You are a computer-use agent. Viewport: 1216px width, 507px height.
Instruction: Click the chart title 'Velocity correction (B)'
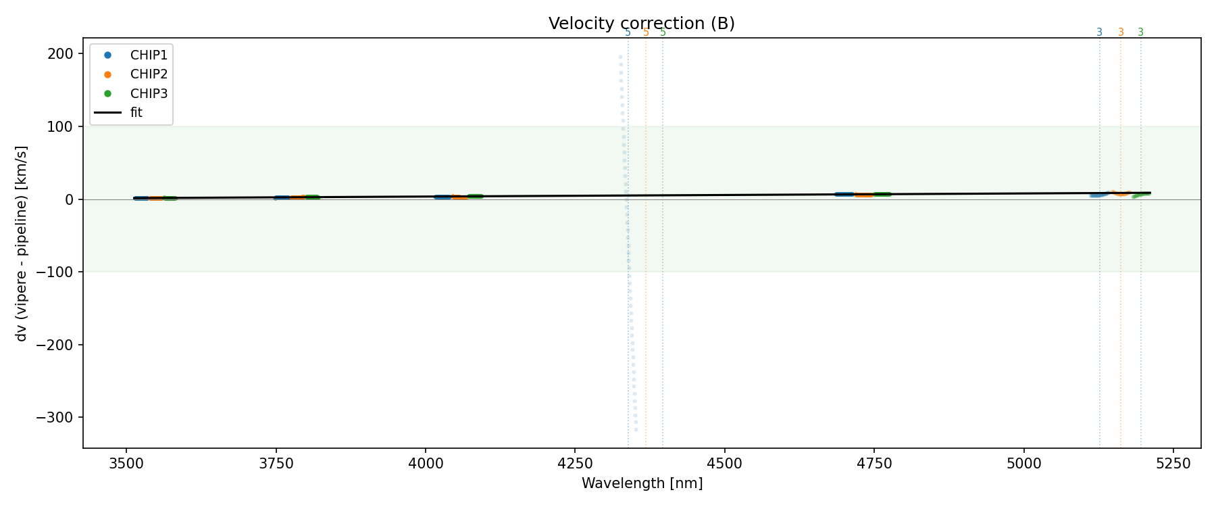[641, 24]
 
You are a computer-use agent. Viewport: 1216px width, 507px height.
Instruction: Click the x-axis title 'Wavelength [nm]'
[642, 483]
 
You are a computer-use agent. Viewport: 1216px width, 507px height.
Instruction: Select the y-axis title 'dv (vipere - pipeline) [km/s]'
[22, 243]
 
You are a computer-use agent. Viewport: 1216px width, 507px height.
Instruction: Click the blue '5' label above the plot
[628, 32]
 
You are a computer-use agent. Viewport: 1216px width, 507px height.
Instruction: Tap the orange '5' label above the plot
[646, 32]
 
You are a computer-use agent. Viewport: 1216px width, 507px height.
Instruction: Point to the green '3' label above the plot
[1141, 32]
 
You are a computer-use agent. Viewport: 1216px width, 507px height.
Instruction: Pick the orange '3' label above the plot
[1121, 32]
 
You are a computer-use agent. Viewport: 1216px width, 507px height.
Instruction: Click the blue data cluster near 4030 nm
[442, 197]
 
